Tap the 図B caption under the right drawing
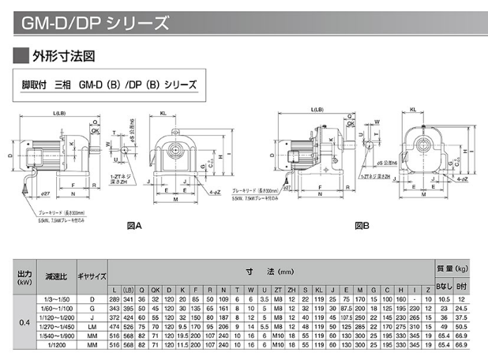(362, 226)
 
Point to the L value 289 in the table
(114, 298)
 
